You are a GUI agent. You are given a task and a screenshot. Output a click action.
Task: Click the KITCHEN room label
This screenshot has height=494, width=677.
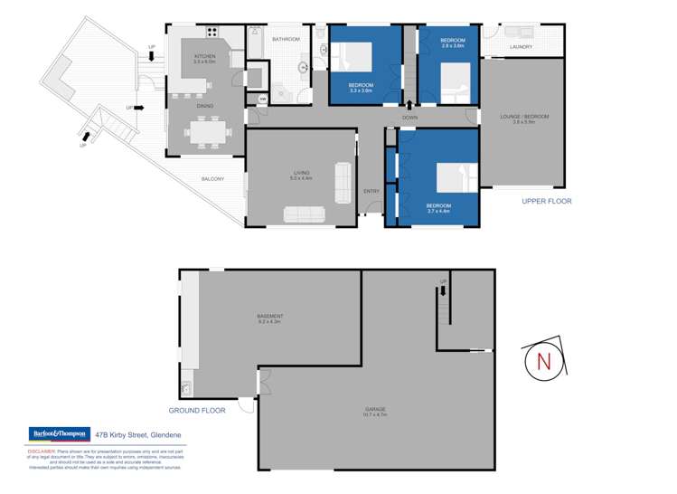[x=205, y=58]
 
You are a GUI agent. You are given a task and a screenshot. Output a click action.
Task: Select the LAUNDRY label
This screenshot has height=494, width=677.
[x=521, y=47]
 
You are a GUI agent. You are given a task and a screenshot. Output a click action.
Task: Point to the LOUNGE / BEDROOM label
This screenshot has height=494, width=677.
[x=524, y=117]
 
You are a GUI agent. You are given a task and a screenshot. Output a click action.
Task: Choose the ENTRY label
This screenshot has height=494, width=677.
[x=371, y=190]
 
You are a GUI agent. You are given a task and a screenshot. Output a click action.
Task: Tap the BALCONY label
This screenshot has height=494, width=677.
[x=212, y=179]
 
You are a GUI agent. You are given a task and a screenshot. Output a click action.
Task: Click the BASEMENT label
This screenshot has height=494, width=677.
[x=270, y=316]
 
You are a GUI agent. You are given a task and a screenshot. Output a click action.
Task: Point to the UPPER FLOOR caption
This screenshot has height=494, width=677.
[x=547, y=201]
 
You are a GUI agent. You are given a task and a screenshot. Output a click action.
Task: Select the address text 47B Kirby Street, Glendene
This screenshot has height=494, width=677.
[x=134, y=433]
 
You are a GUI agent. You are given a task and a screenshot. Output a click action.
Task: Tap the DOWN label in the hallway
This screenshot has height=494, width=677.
[x=409, y=119]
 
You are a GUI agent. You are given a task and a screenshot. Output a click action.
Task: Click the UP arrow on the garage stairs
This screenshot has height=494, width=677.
[x=443, y=289]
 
